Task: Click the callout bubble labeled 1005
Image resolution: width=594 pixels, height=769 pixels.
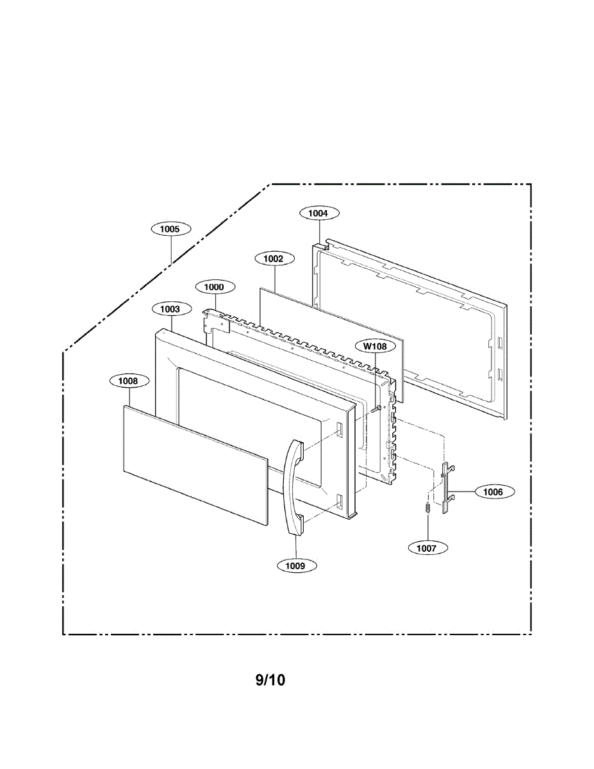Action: [170, 229]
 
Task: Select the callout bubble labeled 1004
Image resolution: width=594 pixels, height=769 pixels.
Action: [318, 213]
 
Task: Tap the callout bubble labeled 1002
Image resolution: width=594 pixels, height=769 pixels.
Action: [274, 258]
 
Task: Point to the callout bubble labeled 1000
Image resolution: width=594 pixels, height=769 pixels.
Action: [215, 287]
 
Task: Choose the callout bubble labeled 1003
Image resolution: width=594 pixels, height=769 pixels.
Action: [170, 309]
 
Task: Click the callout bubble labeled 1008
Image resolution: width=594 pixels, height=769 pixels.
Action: [128, 381]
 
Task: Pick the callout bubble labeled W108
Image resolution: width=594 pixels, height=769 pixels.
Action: [375, 347]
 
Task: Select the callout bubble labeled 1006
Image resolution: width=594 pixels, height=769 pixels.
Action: [493, 492]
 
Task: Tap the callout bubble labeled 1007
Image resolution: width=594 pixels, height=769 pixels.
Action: [427, 548]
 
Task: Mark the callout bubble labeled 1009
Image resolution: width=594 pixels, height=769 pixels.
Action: [296, 565]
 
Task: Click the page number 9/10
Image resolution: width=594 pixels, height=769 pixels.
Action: [270, 680]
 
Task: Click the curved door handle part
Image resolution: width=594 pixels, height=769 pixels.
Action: [292, 487]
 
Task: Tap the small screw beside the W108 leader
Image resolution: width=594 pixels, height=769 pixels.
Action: [377, 408]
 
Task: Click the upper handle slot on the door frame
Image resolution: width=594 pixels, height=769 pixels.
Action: [338, 429]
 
